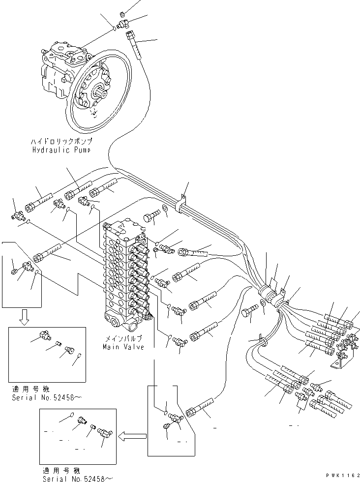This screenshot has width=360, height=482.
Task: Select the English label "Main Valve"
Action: click(123, 347)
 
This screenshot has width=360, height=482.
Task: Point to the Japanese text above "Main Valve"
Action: click(123, 339)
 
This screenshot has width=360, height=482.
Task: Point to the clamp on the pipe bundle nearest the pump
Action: click(181, 202)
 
